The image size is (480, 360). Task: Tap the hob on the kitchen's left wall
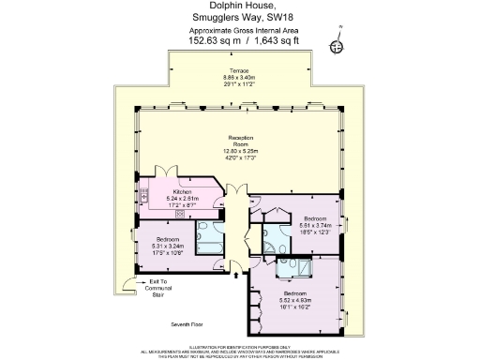[x=145, y=198]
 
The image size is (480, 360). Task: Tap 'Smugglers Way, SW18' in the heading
[x=241, y=18]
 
